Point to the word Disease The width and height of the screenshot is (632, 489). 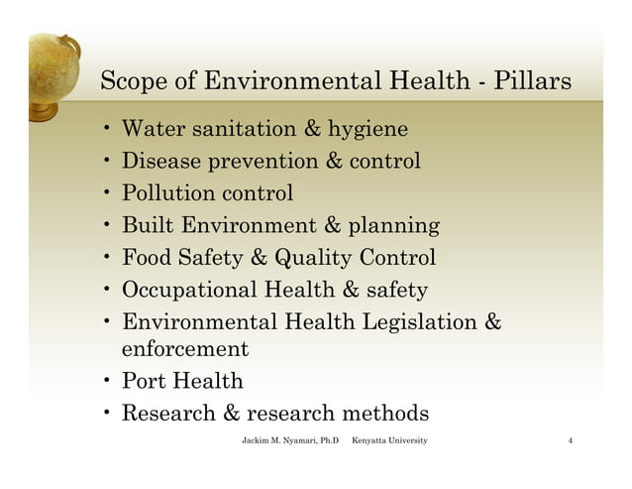coord(161,161)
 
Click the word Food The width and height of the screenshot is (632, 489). coord(147,258)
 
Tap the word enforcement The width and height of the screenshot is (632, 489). coord(183,349)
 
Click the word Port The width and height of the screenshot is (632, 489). coord(145,381)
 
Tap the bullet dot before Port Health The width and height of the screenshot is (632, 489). coord(106,382)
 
